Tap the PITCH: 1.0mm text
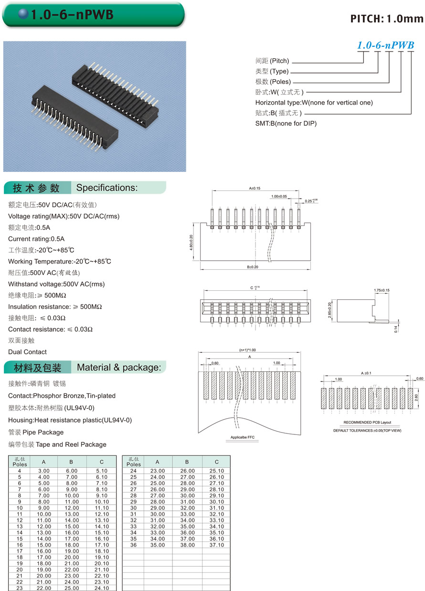tap(387, 19)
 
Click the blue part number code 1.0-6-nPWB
tap(386, 46)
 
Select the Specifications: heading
tap(107, 188)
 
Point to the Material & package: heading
tap(119, 368)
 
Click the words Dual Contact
tap(27, 352)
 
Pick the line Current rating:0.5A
tap(36, 239)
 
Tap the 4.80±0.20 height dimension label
tap(191, 243)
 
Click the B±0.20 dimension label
tap(253, 267)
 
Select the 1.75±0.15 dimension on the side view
tap(382, 290)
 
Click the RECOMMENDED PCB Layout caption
tap(367, 422)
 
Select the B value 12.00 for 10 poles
tap(72, 507)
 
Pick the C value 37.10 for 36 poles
tap(216, 545)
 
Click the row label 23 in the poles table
tap(20, 588)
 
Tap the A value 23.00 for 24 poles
tap(158, 471)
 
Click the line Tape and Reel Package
tap(57, 444)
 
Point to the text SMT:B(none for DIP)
tap(286, 124)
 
